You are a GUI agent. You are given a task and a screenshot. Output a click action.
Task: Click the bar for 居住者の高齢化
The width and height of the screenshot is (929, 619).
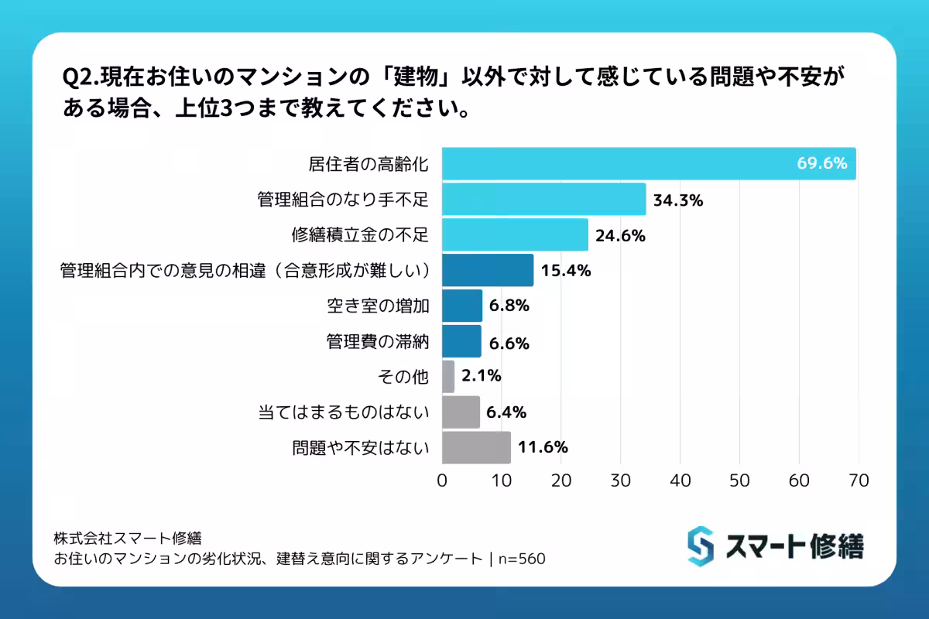tap(649, 164)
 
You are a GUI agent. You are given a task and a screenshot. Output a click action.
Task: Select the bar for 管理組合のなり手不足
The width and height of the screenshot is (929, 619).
tap(543, 200)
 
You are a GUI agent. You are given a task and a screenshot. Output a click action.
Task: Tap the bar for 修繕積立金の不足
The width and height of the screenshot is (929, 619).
tap(515, 235)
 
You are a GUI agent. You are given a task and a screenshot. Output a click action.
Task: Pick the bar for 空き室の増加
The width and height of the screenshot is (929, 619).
tap(462, 306)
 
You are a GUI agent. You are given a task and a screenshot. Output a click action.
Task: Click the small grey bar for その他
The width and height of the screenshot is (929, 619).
tap(448, 377)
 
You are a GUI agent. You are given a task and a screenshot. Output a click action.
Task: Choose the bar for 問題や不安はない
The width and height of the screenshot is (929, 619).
tap(476, 447)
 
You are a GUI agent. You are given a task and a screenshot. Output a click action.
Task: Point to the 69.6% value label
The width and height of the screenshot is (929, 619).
tap(822, 164)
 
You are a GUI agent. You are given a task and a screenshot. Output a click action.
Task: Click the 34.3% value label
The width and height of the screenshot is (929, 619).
tap(677, 200)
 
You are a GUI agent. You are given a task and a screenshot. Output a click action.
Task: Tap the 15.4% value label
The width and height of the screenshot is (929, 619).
tap(566, 271)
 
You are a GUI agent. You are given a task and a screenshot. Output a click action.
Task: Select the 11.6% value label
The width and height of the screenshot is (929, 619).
tap(543, 447)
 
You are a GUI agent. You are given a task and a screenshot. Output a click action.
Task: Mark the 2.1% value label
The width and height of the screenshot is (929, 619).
tap(480, 377)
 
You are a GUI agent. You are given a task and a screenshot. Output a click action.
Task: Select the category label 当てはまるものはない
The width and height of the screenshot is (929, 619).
tap(343, 412)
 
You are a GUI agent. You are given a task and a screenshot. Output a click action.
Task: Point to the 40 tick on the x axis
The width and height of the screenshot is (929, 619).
tap(680, 480)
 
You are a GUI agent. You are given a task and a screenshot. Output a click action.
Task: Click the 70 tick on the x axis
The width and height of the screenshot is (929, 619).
tap(859, 480)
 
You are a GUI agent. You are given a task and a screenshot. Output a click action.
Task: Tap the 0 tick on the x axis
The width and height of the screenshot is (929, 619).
tap(442, 480)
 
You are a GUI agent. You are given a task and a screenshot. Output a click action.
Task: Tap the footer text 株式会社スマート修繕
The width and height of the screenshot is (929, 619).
tap(128, 538)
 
